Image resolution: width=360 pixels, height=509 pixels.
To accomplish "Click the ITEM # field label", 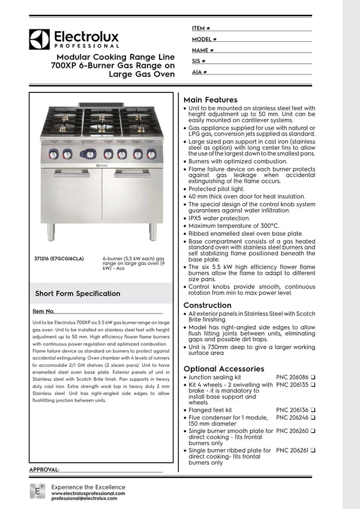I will click(201, 28).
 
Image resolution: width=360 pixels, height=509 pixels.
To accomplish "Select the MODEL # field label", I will click(204, 39).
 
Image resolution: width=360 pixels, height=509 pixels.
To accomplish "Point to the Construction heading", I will click(208, 305).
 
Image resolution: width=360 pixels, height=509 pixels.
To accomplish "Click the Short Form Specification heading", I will click(77, 294).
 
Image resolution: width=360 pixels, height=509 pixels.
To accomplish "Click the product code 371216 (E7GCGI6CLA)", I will click(59, 258).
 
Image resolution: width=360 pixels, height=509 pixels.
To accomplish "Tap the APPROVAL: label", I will click(44, 469).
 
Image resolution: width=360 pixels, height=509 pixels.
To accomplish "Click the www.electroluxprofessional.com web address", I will click(88, 493).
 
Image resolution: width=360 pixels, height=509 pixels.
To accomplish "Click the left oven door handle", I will click(71, 174).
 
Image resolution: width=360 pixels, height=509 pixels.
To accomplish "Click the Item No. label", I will click(44, 312).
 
